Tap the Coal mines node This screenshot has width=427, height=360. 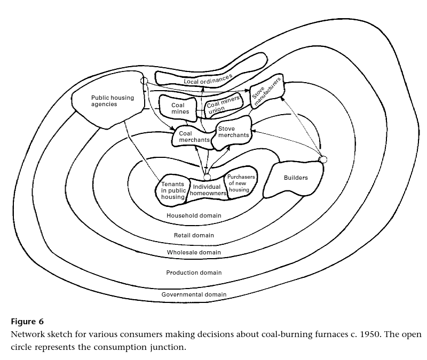click(x=178, y=109)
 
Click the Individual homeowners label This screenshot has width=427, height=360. click(x=207, y=190)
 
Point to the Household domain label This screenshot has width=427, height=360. click(x=194, y=216)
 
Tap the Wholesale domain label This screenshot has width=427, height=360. click(x=193, y=252)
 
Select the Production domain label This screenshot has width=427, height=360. click(x=193, y=273)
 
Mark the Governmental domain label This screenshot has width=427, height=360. click(x=194, y=294)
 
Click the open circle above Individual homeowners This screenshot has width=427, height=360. click(x=208, y=177)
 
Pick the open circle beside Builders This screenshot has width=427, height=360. click(x=322, y=159)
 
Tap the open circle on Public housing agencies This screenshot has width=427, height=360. click(x=143, y=81)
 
